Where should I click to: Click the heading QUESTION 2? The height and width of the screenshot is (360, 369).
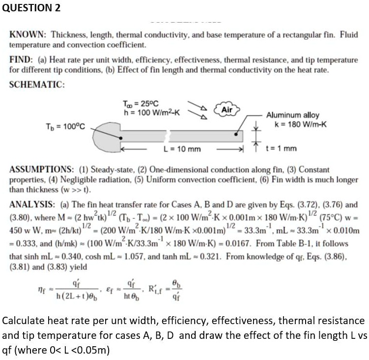point(30,8)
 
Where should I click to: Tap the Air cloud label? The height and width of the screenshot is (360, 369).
point(227,109)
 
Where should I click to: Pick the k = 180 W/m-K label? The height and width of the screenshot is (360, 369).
point(295,123)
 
